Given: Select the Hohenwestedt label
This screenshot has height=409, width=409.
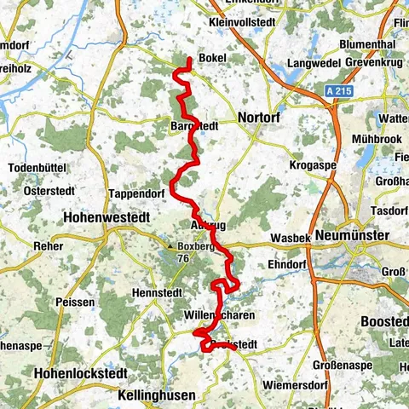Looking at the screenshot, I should pos(107,218).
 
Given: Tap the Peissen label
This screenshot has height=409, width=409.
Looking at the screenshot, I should pos(69,302).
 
